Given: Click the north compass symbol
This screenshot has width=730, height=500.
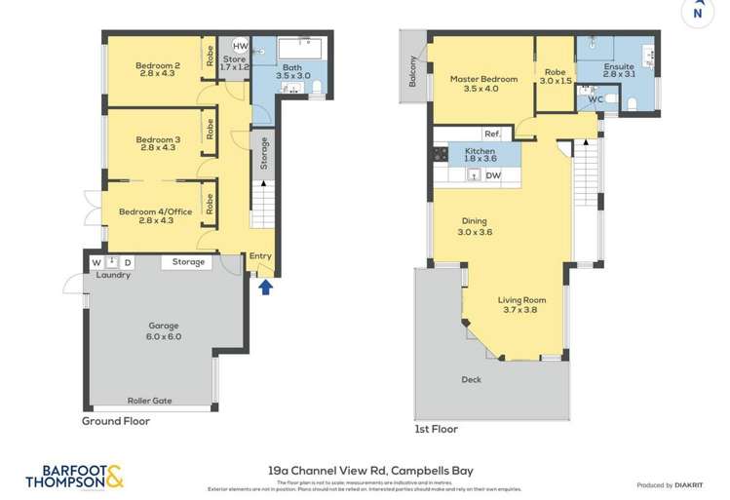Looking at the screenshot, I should (x=695, y=12).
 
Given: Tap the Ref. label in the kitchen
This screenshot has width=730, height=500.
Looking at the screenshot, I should (x=492, y=135).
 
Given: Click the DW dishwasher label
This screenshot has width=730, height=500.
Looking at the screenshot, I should (x=493, y=175).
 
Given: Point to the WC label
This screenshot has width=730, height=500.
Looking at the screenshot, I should (x=596, y=98).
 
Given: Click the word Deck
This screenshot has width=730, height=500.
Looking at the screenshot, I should (x=473, y=380).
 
